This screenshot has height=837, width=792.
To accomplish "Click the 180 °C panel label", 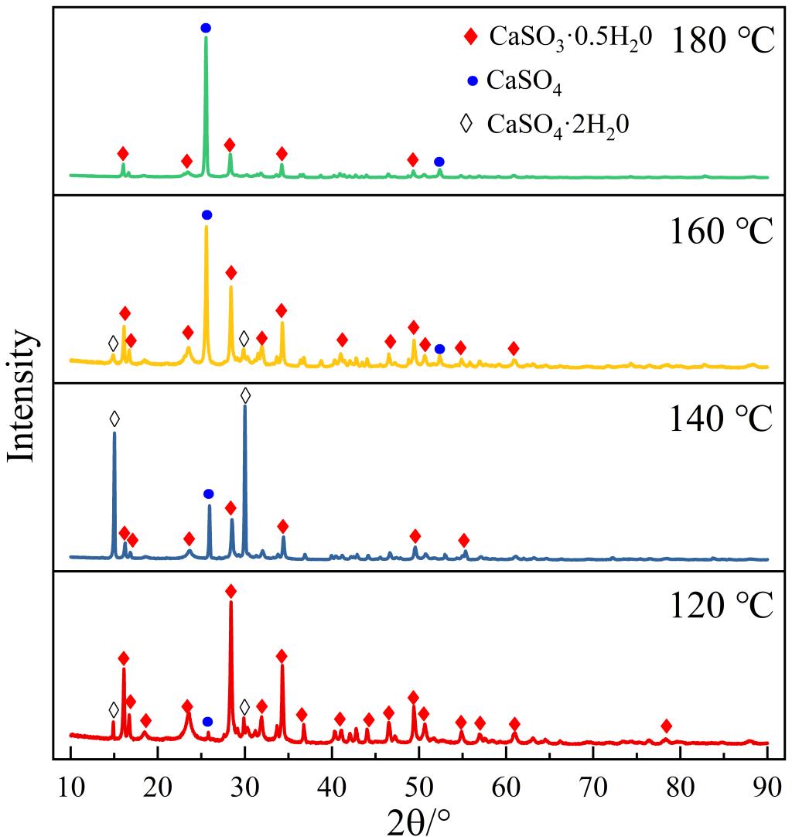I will [x=722, y=40].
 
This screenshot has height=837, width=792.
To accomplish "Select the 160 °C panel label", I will [x=722, y=230].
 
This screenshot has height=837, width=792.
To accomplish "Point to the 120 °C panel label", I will [x=722, y=605].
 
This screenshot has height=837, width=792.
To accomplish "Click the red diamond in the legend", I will [x=469, y=37].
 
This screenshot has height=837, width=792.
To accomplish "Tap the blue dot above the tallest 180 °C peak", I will [x=206, y=28].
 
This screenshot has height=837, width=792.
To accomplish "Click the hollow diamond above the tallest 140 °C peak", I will [x=245, y=395].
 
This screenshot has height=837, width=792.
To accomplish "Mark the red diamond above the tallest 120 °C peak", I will [x=230, y=591].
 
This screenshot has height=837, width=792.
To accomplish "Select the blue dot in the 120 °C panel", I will [x=207, y=722].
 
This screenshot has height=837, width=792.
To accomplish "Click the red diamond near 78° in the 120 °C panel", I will [x=666, y=726].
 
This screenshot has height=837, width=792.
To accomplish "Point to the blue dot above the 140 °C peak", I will [x=208, y=494].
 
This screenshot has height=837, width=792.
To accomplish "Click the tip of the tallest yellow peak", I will [x=206, y=226].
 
